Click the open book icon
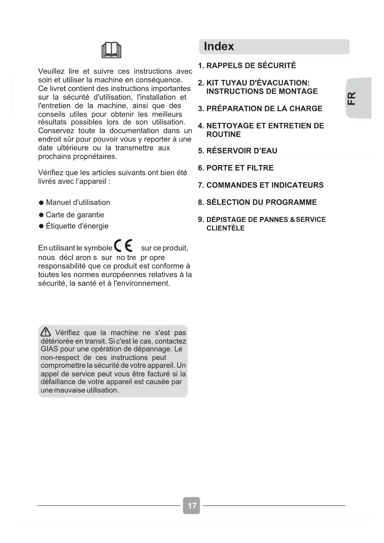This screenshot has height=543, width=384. [x=111, y=50]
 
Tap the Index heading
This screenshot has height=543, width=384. [x=219, y=46]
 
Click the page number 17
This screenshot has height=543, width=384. [x=192, y=506]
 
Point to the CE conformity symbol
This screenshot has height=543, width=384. [x=123, y=246]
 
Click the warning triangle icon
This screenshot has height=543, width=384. [x=45, y=332]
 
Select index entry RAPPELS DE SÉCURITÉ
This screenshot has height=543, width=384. [x=251, y=66]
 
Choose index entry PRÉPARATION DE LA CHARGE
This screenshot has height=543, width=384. [x=264, y=109]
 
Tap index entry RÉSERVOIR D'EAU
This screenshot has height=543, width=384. [x=241, y=151]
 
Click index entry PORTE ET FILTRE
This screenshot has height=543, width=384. [x=239, y=168]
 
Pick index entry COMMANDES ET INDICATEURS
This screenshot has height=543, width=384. [x=265, y=185]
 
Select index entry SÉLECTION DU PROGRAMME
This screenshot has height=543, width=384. [x=261, y=202]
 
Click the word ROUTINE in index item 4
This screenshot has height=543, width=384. [x=223, y=135]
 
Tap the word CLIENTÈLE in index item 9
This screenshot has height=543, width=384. [x=225, y=228]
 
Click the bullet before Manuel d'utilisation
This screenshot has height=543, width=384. [x=41, y=203]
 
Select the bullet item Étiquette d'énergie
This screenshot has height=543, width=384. [x=77, y=226]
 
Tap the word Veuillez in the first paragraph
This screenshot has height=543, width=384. [x=51, y=72]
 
